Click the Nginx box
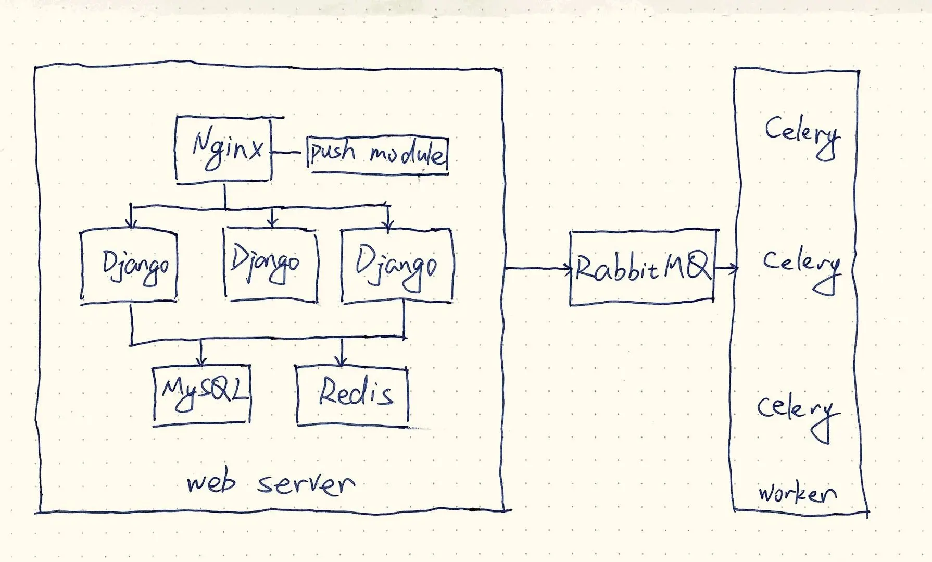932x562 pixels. [x=224, y=149]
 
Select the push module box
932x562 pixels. [x=377, y=155]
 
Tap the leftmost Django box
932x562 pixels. [x=129, y=266]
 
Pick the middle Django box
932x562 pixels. [x=270, y=265]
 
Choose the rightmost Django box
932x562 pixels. [x=397, y=266]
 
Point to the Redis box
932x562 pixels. [x=352, y=395]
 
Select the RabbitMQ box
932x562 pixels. [x=642, y=268]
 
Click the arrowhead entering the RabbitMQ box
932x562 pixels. [x=568, y=269]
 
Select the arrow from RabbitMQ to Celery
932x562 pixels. [x=726, y=269]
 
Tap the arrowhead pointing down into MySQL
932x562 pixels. [x=201, y=360]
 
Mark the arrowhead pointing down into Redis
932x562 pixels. [x=341, y=360]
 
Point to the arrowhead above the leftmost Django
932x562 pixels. [x=132, y=223]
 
